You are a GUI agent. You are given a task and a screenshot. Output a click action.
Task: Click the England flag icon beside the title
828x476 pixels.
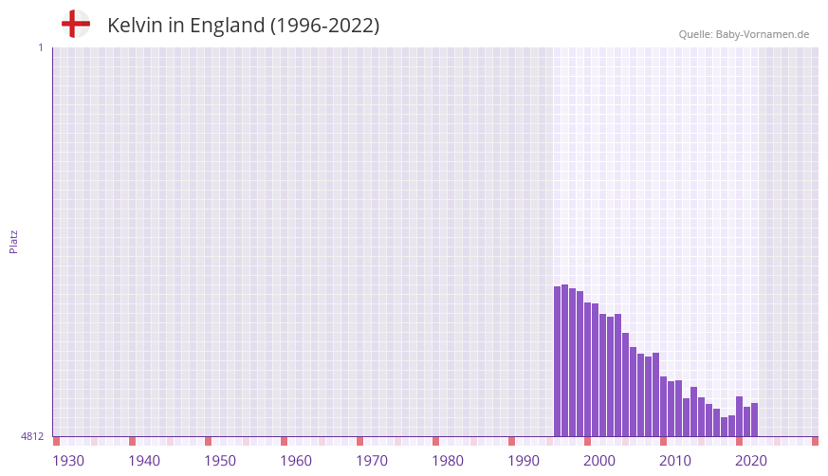click(x=76, y=24)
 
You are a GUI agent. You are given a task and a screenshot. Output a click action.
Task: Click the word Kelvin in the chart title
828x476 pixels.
click(x=135, y=26)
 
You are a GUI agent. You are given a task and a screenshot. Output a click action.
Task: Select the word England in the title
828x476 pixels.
click(x=227, y=26)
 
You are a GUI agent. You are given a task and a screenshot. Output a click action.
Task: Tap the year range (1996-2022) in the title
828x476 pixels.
click(x=324, y=26)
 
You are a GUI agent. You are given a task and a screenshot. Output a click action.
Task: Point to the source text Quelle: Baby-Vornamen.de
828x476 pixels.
click(x=744, y=34)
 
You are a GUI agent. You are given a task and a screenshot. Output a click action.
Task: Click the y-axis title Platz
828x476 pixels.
click(x=13, y=241)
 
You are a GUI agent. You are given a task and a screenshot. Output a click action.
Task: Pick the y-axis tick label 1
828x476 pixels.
click(x=40, y=47)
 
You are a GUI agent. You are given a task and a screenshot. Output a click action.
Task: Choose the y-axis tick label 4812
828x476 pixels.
click(x=32, y=437)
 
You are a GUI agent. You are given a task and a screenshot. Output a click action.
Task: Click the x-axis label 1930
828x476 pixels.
click(x=68, y=461)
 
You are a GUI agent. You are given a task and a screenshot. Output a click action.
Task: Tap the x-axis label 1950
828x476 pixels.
click(x=220, y=461)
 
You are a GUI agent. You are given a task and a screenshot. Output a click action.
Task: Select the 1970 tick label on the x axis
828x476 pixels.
click(x=372, y=461)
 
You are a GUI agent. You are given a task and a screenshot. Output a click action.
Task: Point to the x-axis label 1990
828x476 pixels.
click(x=524, y=461)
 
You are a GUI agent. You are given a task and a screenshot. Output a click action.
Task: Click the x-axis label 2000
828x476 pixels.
click(x=599, y=461)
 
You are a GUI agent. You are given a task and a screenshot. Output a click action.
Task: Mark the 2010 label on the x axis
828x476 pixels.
click(x=675, y=461)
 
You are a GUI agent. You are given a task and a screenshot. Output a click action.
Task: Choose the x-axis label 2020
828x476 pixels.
click(x=751, y=461)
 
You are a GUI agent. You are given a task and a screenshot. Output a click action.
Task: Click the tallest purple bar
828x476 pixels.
click(x=564, y=360)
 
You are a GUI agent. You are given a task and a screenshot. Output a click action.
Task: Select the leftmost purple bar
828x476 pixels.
click(x=557, y=361)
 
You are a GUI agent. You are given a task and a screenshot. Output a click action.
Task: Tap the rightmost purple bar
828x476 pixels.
click(x=754, y=420)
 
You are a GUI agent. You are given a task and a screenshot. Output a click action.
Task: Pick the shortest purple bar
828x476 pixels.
click(x=724, y=427)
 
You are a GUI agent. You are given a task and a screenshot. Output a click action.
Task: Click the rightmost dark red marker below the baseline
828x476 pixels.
click(x=815, y=441)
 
